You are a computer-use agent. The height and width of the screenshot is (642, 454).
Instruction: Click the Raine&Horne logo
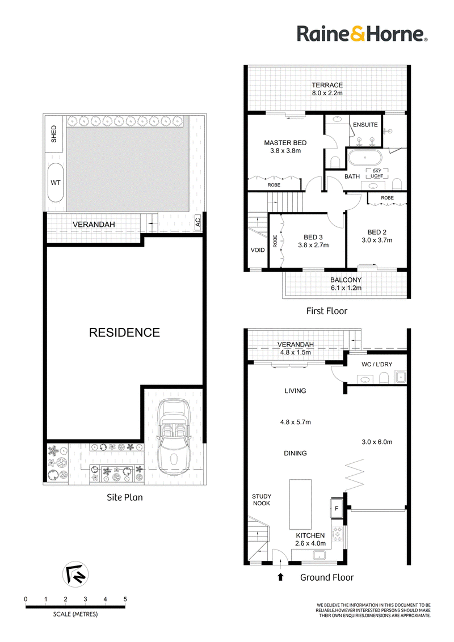click(362, 33)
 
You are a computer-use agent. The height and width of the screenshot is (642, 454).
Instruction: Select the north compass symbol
click(75, 574)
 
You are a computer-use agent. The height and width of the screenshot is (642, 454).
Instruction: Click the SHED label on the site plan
click(54, 134)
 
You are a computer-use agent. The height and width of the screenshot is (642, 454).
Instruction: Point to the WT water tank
click(56, 183)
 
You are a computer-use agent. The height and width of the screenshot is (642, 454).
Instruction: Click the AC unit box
click(198, 222)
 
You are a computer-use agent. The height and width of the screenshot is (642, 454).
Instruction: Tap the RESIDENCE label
click(124, 332)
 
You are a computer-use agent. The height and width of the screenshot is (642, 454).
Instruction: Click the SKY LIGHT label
click(377, 173)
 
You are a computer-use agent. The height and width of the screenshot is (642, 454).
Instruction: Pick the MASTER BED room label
click(285, 143)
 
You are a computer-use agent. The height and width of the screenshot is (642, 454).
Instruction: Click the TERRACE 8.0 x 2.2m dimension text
click(327, 93)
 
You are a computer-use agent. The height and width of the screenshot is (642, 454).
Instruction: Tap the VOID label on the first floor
click(258, 250)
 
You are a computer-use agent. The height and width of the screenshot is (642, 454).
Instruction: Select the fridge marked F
click(337, 509)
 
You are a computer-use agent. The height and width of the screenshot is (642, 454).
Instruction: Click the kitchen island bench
click(300, 504)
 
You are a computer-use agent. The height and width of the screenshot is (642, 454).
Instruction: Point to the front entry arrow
click(280, 577)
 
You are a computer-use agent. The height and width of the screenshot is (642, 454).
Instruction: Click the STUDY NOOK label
click(262, 500)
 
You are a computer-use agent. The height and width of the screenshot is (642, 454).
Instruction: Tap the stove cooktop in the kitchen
click(338, 534)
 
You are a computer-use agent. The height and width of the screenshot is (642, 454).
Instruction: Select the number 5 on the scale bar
click(125, 599)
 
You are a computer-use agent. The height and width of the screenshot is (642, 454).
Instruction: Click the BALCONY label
click(346, 280)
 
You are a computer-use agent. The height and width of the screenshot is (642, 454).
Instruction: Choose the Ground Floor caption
click(327, 577)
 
